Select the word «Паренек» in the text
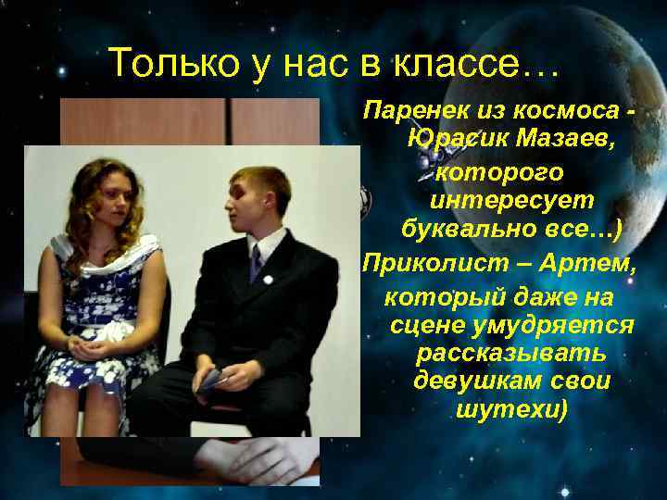(x=412, y=112)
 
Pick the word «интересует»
(x=511, y=200)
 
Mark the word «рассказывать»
(x=511, y=354)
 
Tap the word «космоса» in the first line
(x=558, y=112)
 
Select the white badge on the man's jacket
(x=267, y=279)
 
